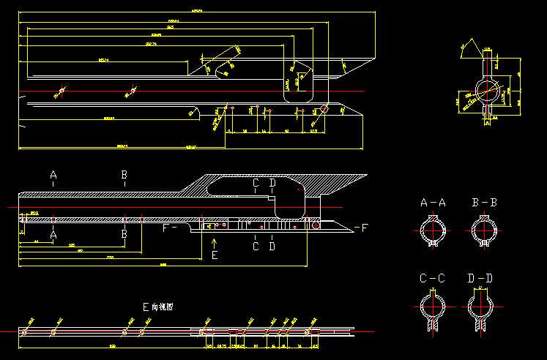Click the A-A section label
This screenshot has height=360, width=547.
(x=433, y=203)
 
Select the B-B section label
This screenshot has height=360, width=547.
(x=484, y=203)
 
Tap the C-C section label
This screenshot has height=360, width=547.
(x=433, y=279)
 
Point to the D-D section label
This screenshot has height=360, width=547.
(x=480, y=279)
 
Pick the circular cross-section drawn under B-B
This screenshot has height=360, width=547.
(x=484, y=230)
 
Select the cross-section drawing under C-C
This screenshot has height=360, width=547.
(x=433, y=307)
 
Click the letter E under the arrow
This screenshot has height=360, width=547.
(x=214, y=256)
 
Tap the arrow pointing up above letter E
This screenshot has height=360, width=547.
(x=214, y=241)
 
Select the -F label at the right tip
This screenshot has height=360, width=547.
(x=360, y=228)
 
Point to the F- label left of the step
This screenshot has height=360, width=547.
(x=169, y=228)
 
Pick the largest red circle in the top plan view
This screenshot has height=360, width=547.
(x=324, y=110)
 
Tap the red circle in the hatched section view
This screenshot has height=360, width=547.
(x=316, y=227)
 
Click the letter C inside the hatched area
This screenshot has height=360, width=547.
(x=256, y=182)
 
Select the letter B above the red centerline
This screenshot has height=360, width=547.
(x=124, y=176)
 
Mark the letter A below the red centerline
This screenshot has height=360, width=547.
(x=53, y=234)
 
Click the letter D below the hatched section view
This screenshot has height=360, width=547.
(x=272, y=247)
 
